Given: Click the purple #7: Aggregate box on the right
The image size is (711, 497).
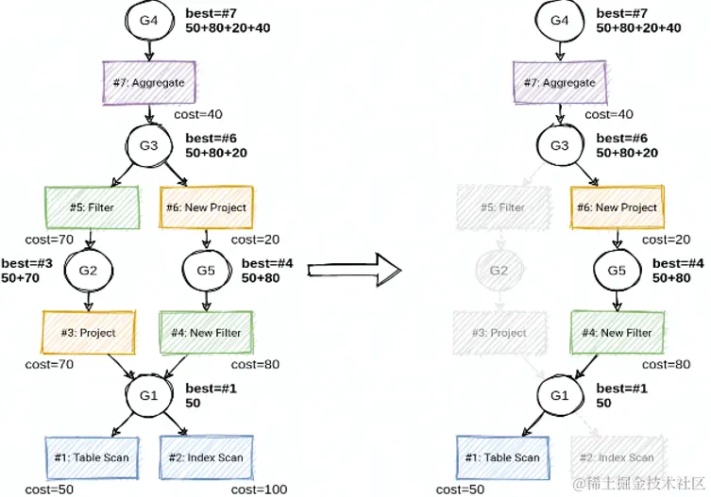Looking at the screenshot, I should tap(560, 82).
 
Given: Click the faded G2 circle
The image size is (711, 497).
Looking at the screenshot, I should tap(499, 271).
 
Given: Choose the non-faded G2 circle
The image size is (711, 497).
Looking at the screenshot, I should tap(88, 271).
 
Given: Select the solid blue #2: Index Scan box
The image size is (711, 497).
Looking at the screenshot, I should tap(205, 457).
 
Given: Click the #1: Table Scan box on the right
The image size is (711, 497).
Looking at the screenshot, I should tap(501, 457).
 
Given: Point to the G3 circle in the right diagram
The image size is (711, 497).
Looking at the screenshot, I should tap(560, 146).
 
